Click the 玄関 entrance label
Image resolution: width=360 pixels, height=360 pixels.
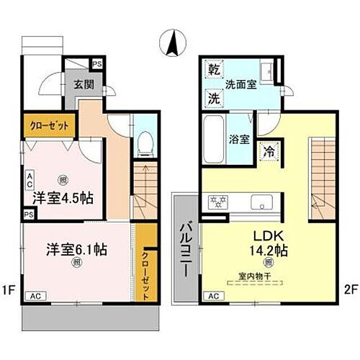(81, 83)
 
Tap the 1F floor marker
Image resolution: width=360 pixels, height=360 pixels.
(9, 290)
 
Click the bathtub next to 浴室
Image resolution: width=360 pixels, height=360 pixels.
(214, 141)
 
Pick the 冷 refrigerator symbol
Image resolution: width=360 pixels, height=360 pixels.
(268, 153)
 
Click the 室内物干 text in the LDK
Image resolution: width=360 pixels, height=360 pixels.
(251, 276)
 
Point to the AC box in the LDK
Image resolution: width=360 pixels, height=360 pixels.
(213, 296)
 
